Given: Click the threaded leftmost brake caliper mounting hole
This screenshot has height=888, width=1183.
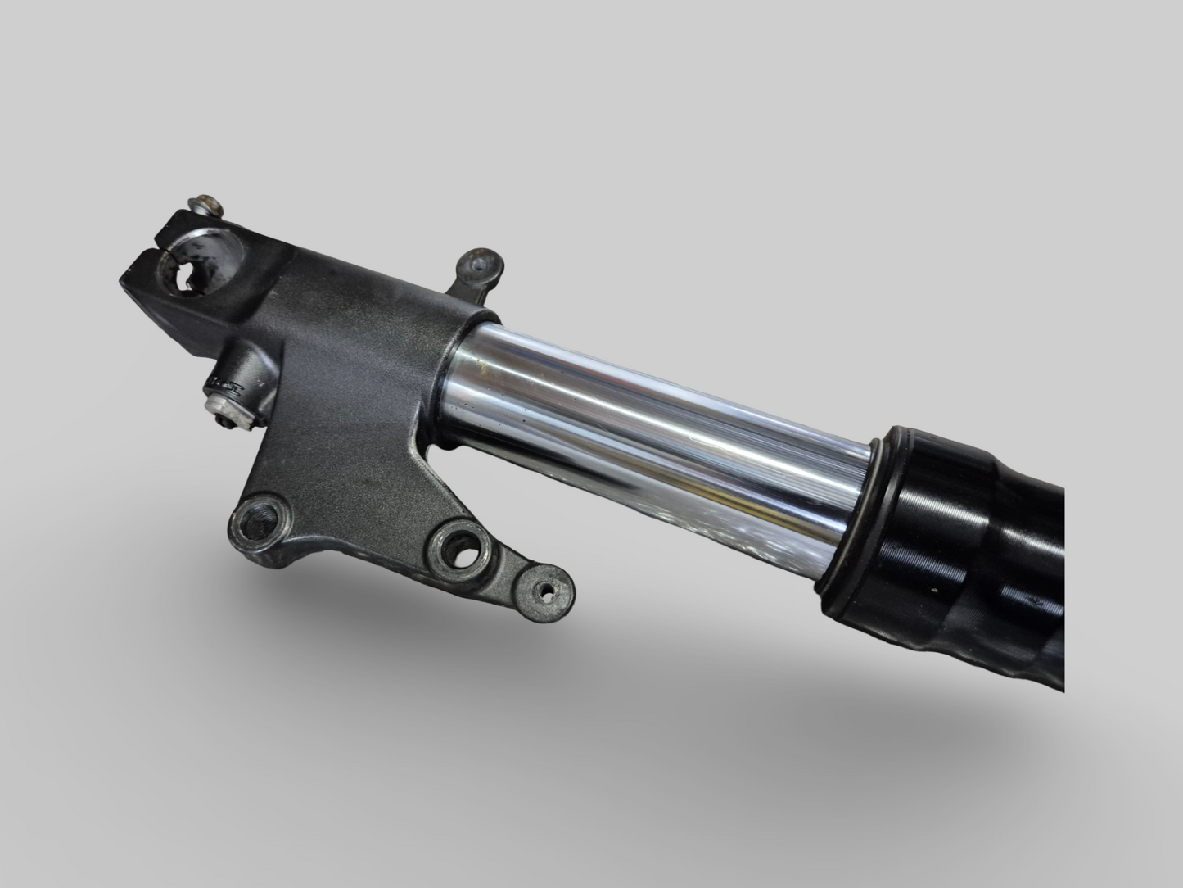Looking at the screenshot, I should click(257, 518).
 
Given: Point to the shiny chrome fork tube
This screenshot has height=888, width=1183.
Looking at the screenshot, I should click(655, 442).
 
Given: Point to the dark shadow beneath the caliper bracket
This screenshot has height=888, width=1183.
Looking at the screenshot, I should click(409, 623).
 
